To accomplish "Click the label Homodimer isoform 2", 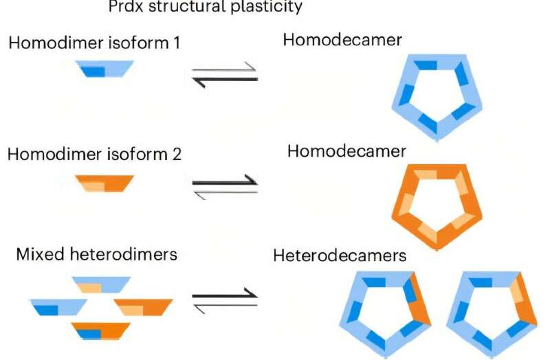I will point(94,154).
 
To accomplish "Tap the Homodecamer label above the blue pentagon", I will point(342,41).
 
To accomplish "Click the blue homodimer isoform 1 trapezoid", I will point(103,68).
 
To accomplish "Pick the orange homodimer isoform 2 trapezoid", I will point(104,182).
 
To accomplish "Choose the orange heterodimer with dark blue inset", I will point(101,330).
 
